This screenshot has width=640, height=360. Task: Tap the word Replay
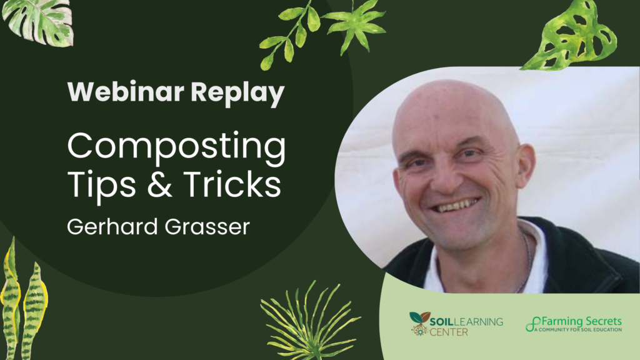(237, 94)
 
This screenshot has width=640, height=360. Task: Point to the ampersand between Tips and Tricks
(160, 184)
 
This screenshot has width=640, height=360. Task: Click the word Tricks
(232, 184)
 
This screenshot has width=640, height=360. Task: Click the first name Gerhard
(112, 226)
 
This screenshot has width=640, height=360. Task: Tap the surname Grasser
(207, 227)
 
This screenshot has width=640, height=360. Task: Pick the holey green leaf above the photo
(571, 36)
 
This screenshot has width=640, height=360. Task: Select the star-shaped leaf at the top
(355, 25)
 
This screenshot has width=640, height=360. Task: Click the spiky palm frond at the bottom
(309, 322)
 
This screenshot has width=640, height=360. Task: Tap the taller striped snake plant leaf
(11, 300)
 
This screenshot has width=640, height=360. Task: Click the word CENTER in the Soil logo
(449, 332)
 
